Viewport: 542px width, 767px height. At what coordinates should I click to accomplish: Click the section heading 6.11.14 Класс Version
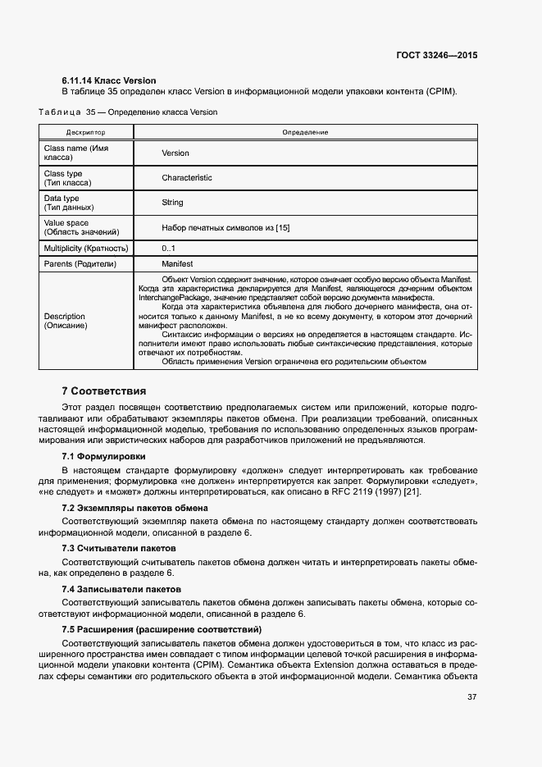pos(109,80)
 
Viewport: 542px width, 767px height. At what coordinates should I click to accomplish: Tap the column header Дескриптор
pos(86,132)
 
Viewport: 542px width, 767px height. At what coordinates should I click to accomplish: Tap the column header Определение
pos(305,132)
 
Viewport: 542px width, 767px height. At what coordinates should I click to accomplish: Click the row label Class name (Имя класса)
pos(76,153)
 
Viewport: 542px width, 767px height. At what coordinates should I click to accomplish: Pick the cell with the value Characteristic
pos(186,178)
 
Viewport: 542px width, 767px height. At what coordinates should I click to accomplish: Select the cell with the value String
pos(172,203)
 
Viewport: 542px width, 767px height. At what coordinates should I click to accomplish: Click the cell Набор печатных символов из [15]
pos(225,227)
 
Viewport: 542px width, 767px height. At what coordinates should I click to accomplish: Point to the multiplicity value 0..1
pos(168,248)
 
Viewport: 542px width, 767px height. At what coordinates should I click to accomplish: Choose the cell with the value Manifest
pos(177,264)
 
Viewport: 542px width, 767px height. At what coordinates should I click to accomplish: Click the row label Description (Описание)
pos(65,321)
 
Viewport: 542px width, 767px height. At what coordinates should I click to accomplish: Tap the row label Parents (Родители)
pos(80,264)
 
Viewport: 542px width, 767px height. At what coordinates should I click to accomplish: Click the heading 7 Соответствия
pos(104,390)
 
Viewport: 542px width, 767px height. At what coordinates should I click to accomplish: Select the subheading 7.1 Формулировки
pos(104,455)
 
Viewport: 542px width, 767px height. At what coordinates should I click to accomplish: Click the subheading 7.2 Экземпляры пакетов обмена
pos(134,508)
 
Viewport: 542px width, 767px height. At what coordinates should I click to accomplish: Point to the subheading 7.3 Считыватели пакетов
pos(119,547)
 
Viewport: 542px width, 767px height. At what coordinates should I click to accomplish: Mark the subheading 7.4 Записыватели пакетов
pos(121,589)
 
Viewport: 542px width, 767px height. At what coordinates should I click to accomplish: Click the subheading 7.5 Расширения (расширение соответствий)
pos(162,628)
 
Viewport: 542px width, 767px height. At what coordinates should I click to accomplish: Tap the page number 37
pos(471,697)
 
